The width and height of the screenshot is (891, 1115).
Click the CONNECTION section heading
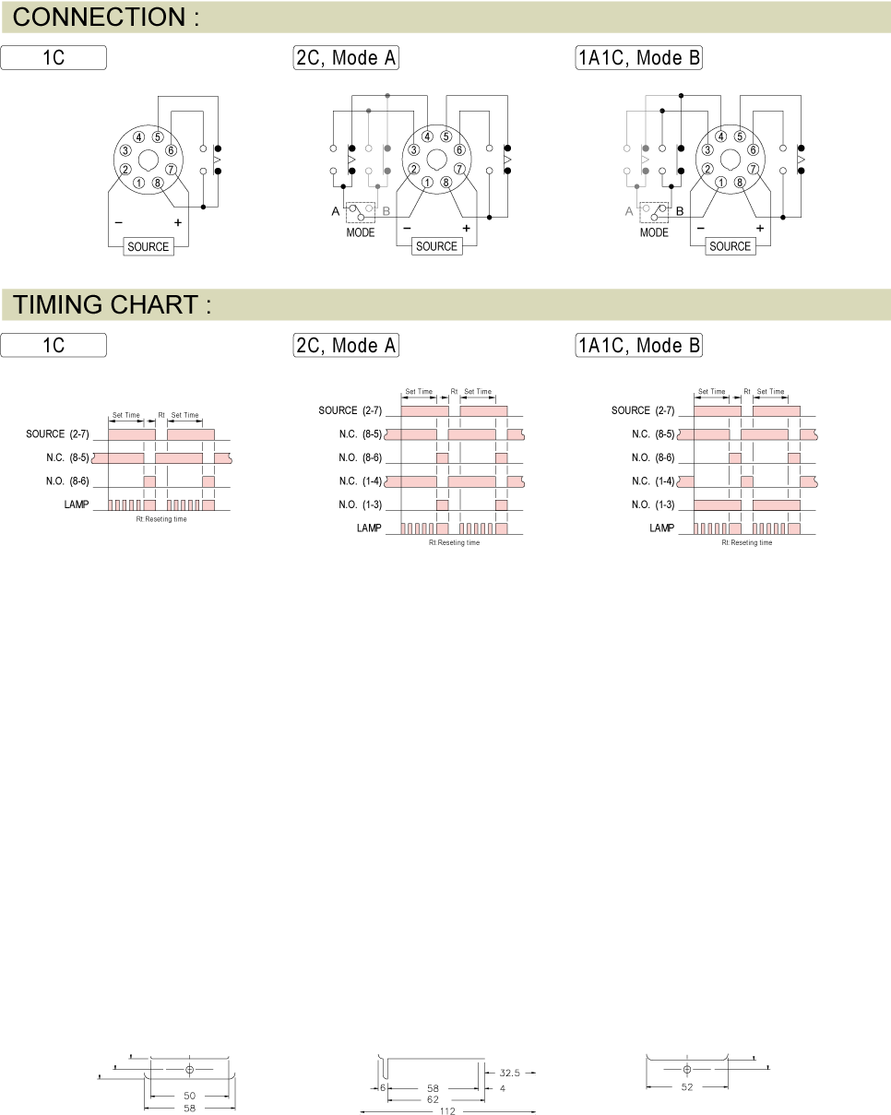(106, 18)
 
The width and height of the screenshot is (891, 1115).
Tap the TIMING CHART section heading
(112, 304)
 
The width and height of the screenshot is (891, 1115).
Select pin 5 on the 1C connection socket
(158, 137)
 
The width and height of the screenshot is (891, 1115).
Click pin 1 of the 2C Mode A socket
(427, 183)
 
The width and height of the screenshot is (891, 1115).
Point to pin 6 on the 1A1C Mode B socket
(753, 150)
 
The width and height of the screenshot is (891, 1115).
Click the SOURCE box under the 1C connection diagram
(148, 246)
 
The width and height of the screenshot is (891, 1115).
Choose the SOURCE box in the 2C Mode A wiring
(436, 246)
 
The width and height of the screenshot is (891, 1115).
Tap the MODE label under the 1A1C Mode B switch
(654, 232)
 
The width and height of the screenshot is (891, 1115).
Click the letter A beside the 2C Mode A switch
(336, 211)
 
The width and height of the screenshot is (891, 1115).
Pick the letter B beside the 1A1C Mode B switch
(680, 211)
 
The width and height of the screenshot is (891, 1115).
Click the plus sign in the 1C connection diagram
(178, 223)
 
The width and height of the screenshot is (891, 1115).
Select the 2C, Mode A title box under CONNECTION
(346, 57)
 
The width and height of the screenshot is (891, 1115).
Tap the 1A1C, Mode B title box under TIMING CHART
(638, 345)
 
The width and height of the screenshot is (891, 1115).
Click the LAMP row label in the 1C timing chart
(77, 504)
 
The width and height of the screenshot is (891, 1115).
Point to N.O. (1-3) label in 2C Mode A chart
(361, 504)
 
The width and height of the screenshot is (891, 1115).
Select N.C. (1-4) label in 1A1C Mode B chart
(653, 481)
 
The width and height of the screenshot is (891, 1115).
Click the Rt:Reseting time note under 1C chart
(161, 519)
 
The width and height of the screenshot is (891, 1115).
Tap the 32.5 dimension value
(509, 1073)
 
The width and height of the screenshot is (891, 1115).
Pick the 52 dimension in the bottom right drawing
(687, 1087)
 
